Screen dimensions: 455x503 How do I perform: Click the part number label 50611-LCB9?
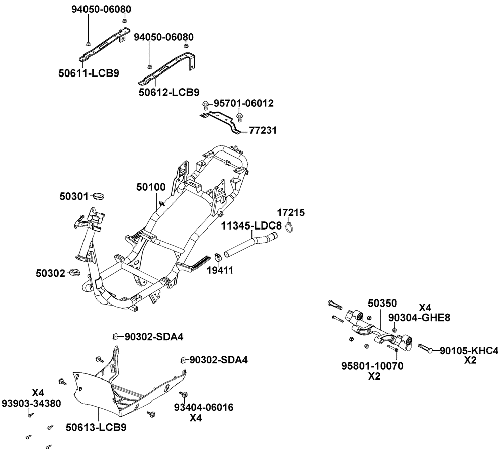[x=89, y=73]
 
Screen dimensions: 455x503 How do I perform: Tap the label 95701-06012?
[x=243, y=103]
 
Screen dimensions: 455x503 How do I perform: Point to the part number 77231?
[x=263, y=131]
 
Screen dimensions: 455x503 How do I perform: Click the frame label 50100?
[x=150, y=187]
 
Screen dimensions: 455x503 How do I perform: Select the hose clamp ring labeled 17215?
[x=288, y=227]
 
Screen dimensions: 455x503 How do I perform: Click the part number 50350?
[x=382, y=303]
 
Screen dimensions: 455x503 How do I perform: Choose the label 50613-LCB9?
[x=96, y=428]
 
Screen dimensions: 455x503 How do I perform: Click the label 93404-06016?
[x=204, y=407]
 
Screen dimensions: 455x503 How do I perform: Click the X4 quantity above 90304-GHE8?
[x=425, y=307]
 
